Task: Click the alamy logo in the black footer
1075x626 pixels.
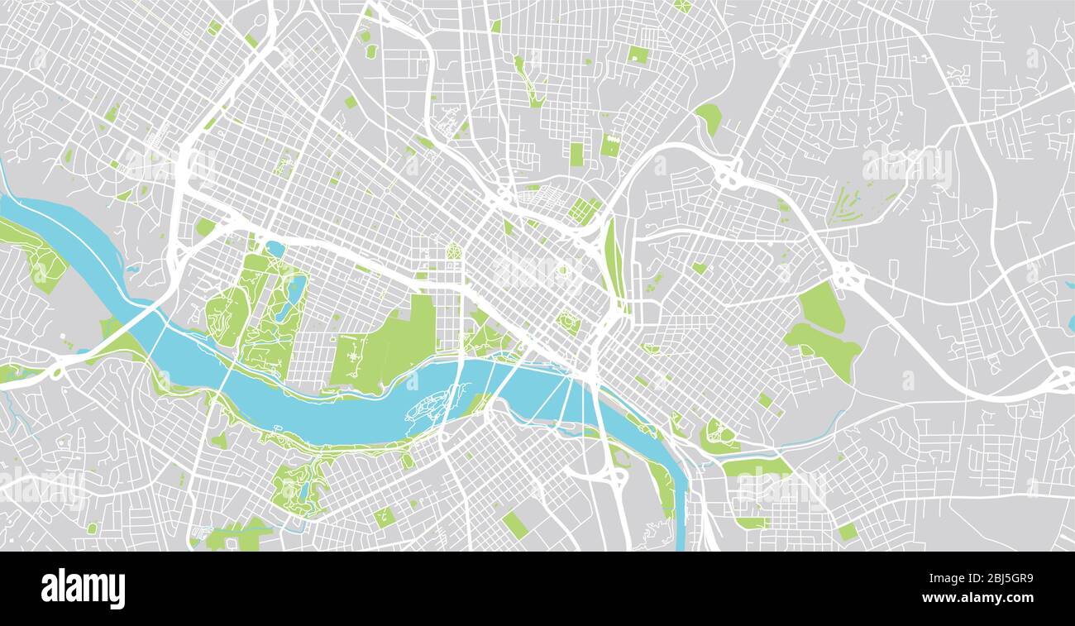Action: point(83,589)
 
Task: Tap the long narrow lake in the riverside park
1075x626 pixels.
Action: point(290,299)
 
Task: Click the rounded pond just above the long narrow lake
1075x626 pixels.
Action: point(275,249)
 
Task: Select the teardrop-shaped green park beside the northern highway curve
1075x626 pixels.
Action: point(709,117)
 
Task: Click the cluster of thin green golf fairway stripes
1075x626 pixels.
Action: point(845,203)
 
